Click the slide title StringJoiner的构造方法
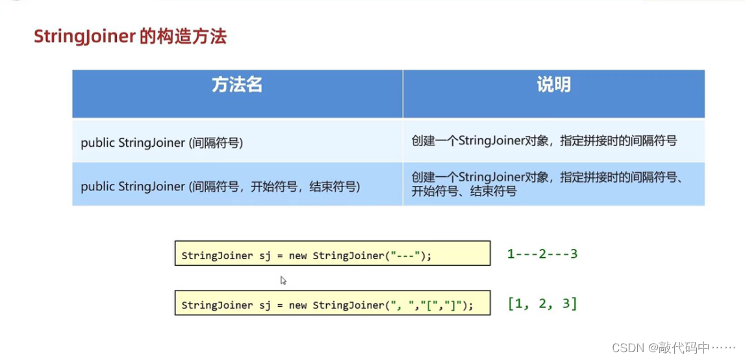(130, 37)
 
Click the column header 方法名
(236, 85)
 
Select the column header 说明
(553, 85)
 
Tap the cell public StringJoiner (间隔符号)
(162, 143)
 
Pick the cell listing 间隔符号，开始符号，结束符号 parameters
(220, 186)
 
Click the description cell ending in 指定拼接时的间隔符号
(544, 140)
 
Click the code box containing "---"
(332, 253)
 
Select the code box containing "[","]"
(332, 304)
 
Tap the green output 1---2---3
(542, 253)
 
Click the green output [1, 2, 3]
(542, 303)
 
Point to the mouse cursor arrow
(283, 280)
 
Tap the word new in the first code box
(298, 255)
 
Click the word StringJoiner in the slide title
(84, 37)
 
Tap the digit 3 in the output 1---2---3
(574, 253)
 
